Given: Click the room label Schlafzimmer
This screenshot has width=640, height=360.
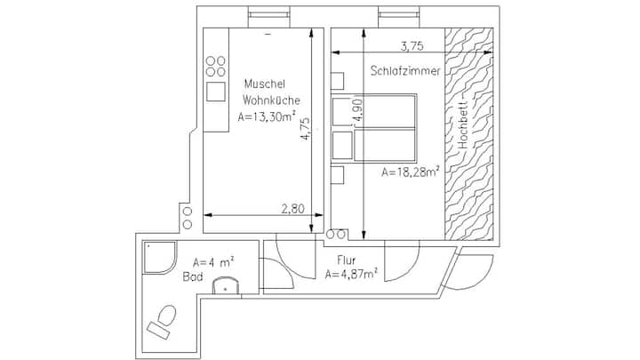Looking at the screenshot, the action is tap(405, 70).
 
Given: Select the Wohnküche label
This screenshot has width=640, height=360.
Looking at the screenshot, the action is tap(271, 100).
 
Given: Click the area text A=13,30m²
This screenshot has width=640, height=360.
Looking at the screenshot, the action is tap(267, 116).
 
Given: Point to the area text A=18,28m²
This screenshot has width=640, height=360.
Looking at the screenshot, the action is tap(410, 172).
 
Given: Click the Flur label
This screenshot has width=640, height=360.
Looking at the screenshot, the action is tap(346, 260).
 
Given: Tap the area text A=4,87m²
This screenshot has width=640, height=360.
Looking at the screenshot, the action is tap(351, 274).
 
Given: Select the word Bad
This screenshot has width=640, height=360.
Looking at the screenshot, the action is tap(193, 277).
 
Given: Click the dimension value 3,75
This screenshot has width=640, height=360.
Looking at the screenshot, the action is tap(412, 46).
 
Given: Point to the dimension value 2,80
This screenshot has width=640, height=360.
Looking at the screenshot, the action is tap(293, 209).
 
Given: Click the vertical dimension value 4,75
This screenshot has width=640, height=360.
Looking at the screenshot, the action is tap(305, 129).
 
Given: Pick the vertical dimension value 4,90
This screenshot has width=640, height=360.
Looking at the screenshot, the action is tap(357, 110).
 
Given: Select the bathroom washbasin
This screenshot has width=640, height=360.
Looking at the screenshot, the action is tap(226, 285).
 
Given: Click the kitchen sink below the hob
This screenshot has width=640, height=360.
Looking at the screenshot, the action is tap(215, 92).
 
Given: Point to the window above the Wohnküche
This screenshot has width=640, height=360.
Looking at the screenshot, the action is tap(269, 15).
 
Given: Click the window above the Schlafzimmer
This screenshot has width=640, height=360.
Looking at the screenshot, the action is tap(399, 15).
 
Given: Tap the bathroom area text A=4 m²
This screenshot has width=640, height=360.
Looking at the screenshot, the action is tap(213, 261).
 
